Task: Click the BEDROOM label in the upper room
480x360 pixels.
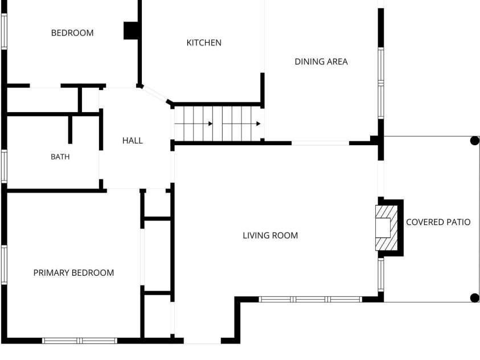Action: tap(72, 33)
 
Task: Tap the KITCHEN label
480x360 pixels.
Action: tap(204, 43)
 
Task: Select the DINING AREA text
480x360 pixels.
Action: tap(321, 62)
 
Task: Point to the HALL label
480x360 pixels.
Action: tap(133, 141)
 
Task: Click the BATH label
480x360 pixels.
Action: tap(60, 157)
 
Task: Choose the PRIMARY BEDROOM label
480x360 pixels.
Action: tap(73, 273)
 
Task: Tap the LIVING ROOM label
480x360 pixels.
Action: tap(270, 235)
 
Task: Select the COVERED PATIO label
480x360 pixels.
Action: tap(438, 222)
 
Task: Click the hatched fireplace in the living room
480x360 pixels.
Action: tap(387, 228)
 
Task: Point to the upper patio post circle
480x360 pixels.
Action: tap(474, 141)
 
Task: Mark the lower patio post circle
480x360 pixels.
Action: tap(474, 297)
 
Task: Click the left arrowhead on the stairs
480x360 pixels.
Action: tap(211, 124)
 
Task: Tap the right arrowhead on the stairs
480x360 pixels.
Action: tap(259, 124)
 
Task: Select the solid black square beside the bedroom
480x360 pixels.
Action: tap(131, 31)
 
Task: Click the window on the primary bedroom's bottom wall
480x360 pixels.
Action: tap(80, 341)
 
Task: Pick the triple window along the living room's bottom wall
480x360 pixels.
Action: tap(311, 300)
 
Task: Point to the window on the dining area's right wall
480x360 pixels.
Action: tap(381, 83)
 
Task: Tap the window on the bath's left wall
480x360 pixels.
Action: tap(4, 166)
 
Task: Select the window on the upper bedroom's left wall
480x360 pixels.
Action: tap(4, 31)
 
